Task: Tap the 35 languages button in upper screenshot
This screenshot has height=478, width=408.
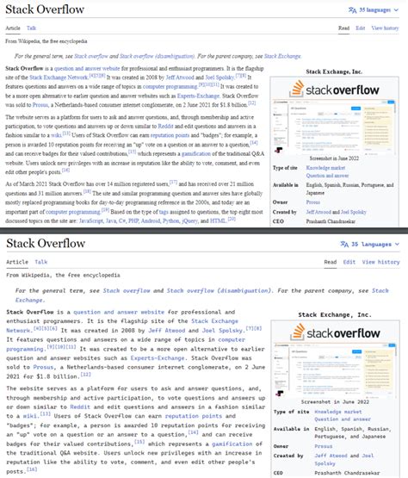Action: pos(373,9)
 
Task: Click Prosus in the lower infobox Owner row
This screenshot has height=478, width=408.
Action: pos(325,447)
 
